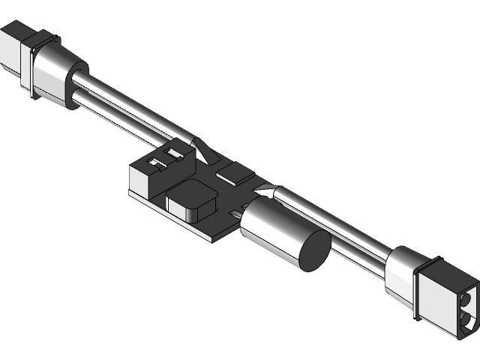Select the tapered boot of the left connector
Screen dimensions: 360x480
tap(55, 74)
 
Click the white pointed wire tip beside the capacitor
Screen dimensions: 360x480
tap(264, 192)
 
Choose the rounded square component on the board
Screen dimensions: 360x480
tap(192, 201)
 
